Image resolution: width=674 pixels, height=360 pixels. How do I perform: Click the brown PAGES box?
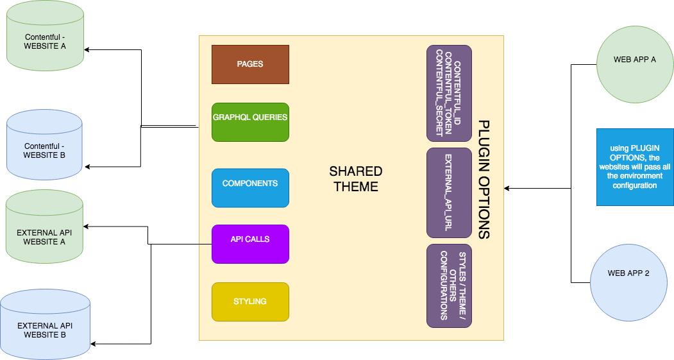[250, 64]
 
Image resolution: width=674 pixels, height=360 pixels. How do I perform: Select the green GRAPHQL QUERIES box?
[250, 122]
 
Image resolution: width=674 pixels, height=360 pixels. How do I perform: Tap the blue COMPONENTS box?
[250, 188]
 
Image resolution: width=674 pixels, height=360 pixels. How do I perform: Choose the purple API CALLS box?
[250, 244]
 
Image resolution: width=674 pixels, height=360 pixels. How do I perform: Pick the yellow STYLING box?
[250, 302]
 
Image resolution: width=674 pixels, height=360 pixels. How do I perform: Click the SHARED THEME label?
[355, 179]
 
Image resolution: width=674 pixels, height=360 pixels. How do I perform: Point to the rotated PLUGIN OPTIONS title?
[484, 180]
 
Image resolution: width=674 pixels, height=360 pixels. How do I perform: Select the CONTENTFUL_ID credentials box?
[449, 93]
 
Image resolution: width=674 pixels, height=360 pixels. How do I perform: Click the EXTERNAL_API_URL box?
[449, 193]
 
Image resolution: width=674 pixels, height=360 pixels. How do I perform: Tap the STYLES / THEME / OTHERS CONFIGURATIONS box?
[449, 286]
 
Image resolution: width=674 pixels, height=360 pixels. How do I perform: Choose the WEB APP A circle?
[635, 60]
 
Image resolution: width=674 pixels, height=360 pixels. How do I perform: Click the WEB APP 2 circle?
[628, 273]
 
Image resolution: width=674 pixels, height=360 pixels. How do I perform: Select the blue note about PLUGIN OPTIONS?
[635, 167]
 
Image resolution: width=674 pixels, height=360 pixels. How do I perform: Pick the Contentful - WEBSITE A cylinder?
[45, 42]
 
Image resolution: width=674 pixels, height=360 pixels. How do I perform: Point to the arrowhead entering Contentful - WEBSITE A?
[88, 49]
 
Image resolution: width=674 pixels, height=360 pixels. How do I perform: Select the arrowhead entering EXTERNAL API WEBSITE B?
[94, 343]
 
